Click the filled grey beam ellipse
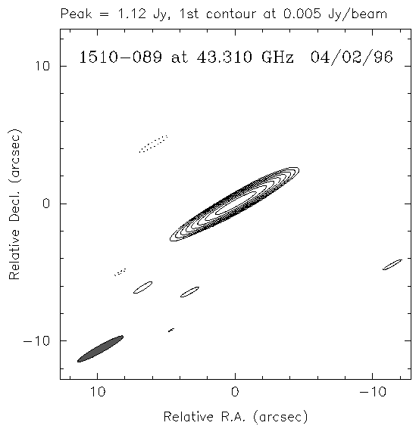100,349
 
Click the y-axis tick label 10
42,66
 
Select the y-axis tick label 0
46,204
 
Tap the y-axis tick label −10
36,341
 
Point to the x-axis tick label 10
98,391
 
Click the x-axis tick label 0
235,391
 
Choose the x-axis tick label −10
373,391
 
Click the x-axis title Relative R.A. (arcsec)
236,417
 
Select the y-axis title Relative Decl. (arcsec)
14,204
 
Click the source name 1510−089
120,57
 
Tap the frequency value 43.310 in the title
224,57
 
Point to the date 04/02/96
352,57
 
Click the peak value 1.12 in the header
132,14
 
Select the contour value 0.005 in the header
302,14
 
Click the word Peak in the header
76,14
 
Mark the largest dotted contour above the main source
153,144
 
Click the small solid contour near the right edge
392,265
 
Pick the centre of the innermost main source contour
236,203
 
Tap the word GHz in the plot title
277,57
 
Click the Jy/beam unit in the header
358,14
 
